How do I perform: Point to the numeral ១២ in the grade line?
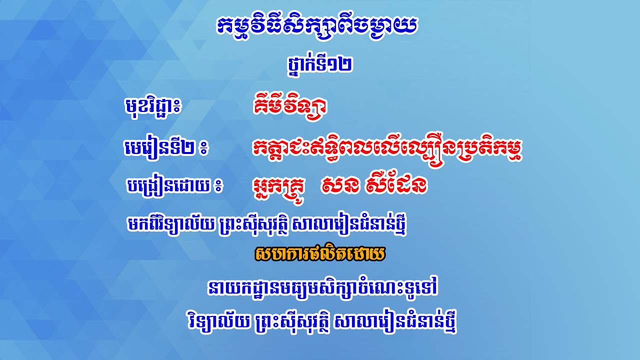coord(344,63)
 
